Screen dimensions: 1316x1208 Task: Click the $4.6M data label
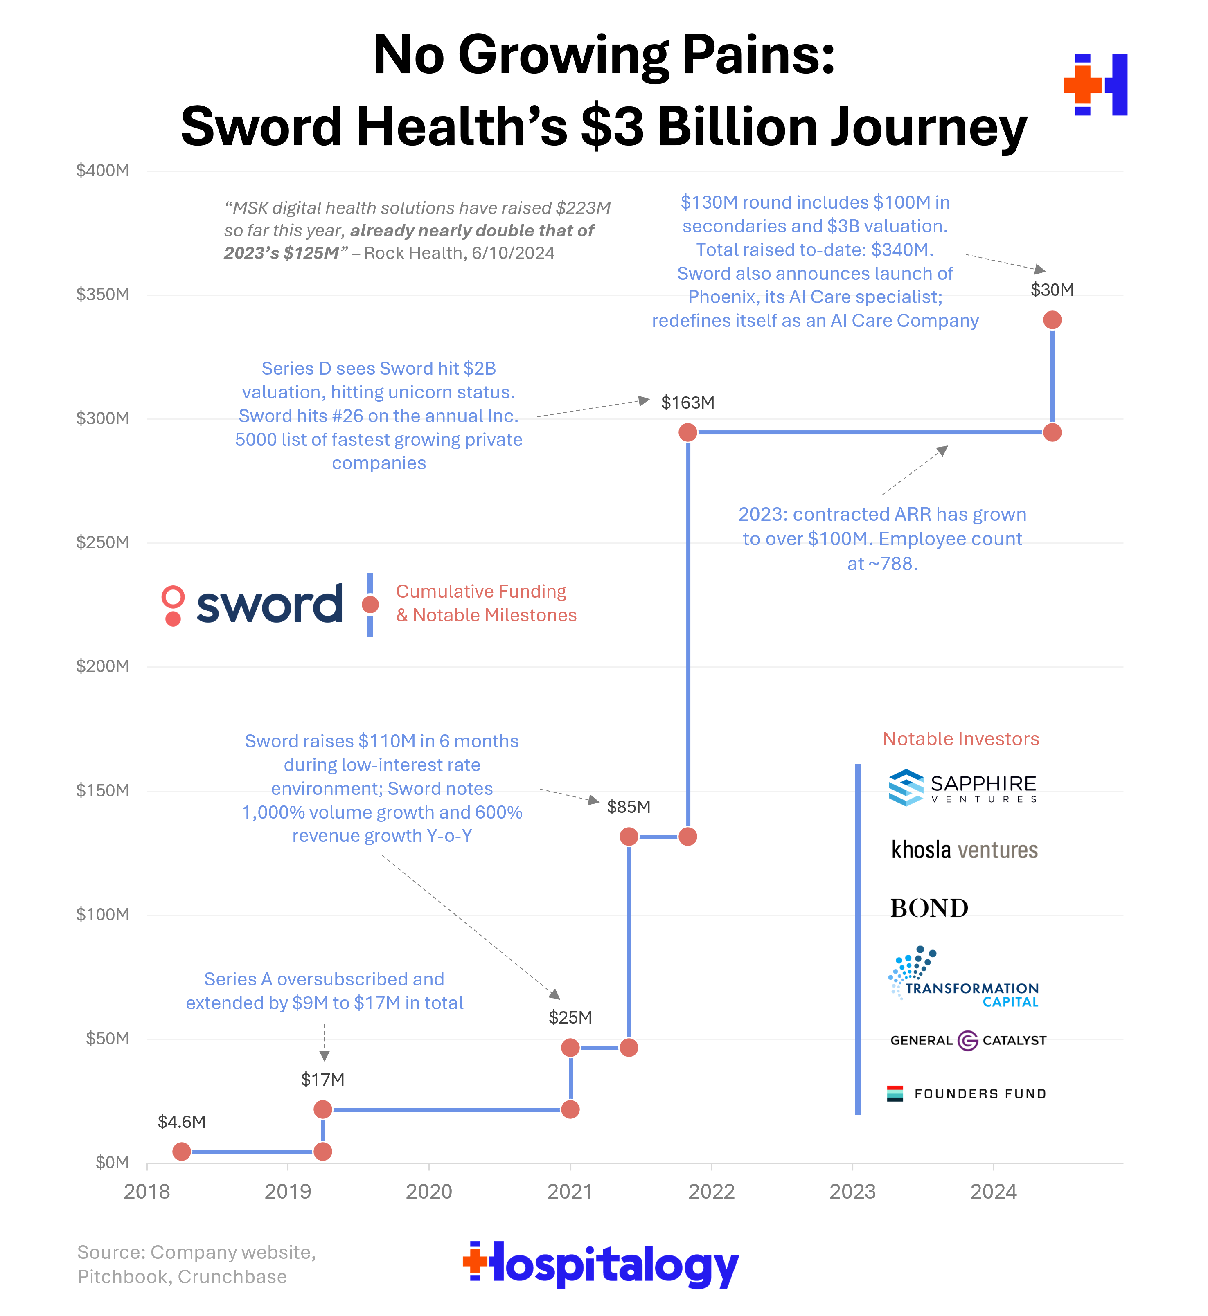coord(182,1122)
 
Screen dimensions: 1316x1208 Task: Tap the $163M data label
coord(687,403)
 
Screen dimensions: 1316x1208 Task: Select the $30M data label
coord(1052,290)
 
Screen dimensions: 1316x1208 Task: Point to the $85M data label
coord(629,806)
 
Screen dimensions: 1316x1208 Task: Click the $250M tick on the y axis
coord(103,542)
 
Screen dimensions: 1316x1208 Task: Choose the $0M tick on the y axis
coord(113,1163)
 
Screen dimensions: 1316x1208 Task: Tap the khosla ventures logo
coord(964,850)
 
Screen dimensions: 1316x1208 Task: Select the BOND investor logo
coord(929,908)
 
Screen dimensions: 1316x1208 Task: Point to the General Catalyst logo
coord(967,1040)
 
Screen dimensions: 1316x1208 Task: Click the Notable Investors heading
coord(960,739)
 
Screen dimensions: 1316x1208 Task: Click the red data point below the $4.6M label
coord(182,1151)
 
